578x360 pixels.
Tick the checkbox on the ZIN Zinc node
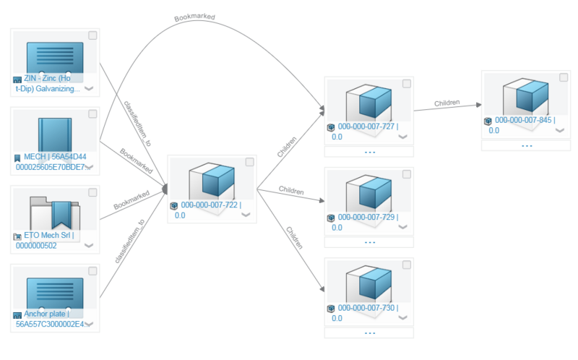pyautogui.click(x=92, y=35)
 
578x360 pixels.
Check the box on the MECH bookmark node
pyautogui.click(x=92, y=114)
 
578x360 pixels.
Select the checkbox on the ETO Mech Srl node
pyautogui.click(x=92, y=193)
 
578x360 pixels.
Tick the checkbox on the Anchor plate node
pyautogui.click(x=92, y=271)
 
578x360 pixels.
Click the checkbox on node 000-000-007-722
pyautogui.click(x=250, y=162)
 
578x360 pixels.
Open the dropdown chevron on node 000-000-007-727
pyautogui.click(x=402, y=137)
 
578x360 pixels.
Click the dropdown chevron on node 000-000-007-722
pyautogui.click(x=246, y=215)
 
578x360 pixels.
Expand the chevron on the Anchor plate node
pyautogui.click(x=89, y=325)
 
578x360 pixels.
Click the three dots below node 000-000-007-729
pyautogui.click(x=369, y=242)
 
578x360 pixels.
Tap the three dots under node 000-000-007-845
pyautogui.click(x=527, y=145)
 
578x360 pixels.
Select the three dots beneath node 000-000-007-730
pyautogui.click(x=369, y=333)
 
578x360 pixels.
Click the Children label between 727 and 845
pyautogui.click(x=447, y=103)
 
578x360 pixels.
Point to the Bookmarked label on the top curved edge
pyautogui.click(x=194, y=16)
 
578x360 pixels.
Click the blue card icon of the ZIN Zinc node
pyautogui.click(x=54, y=58)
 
